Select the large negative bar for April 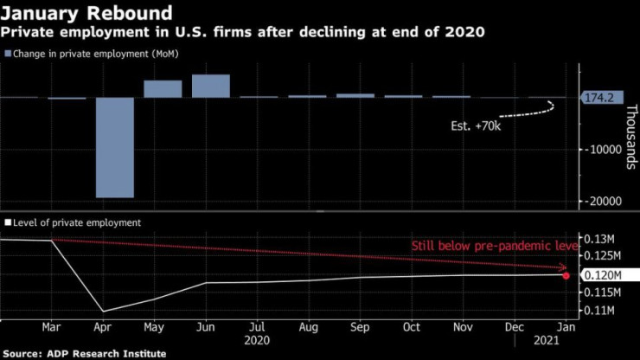click(114, 147)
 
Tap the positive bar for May click(163, 88)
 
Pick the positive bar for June click(211, 86)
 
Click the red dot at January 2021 click(566, 275)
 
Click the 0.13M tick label click(601, 239)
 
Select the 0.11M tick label click(601, 310)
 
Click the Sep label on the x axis click(360, 327)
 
